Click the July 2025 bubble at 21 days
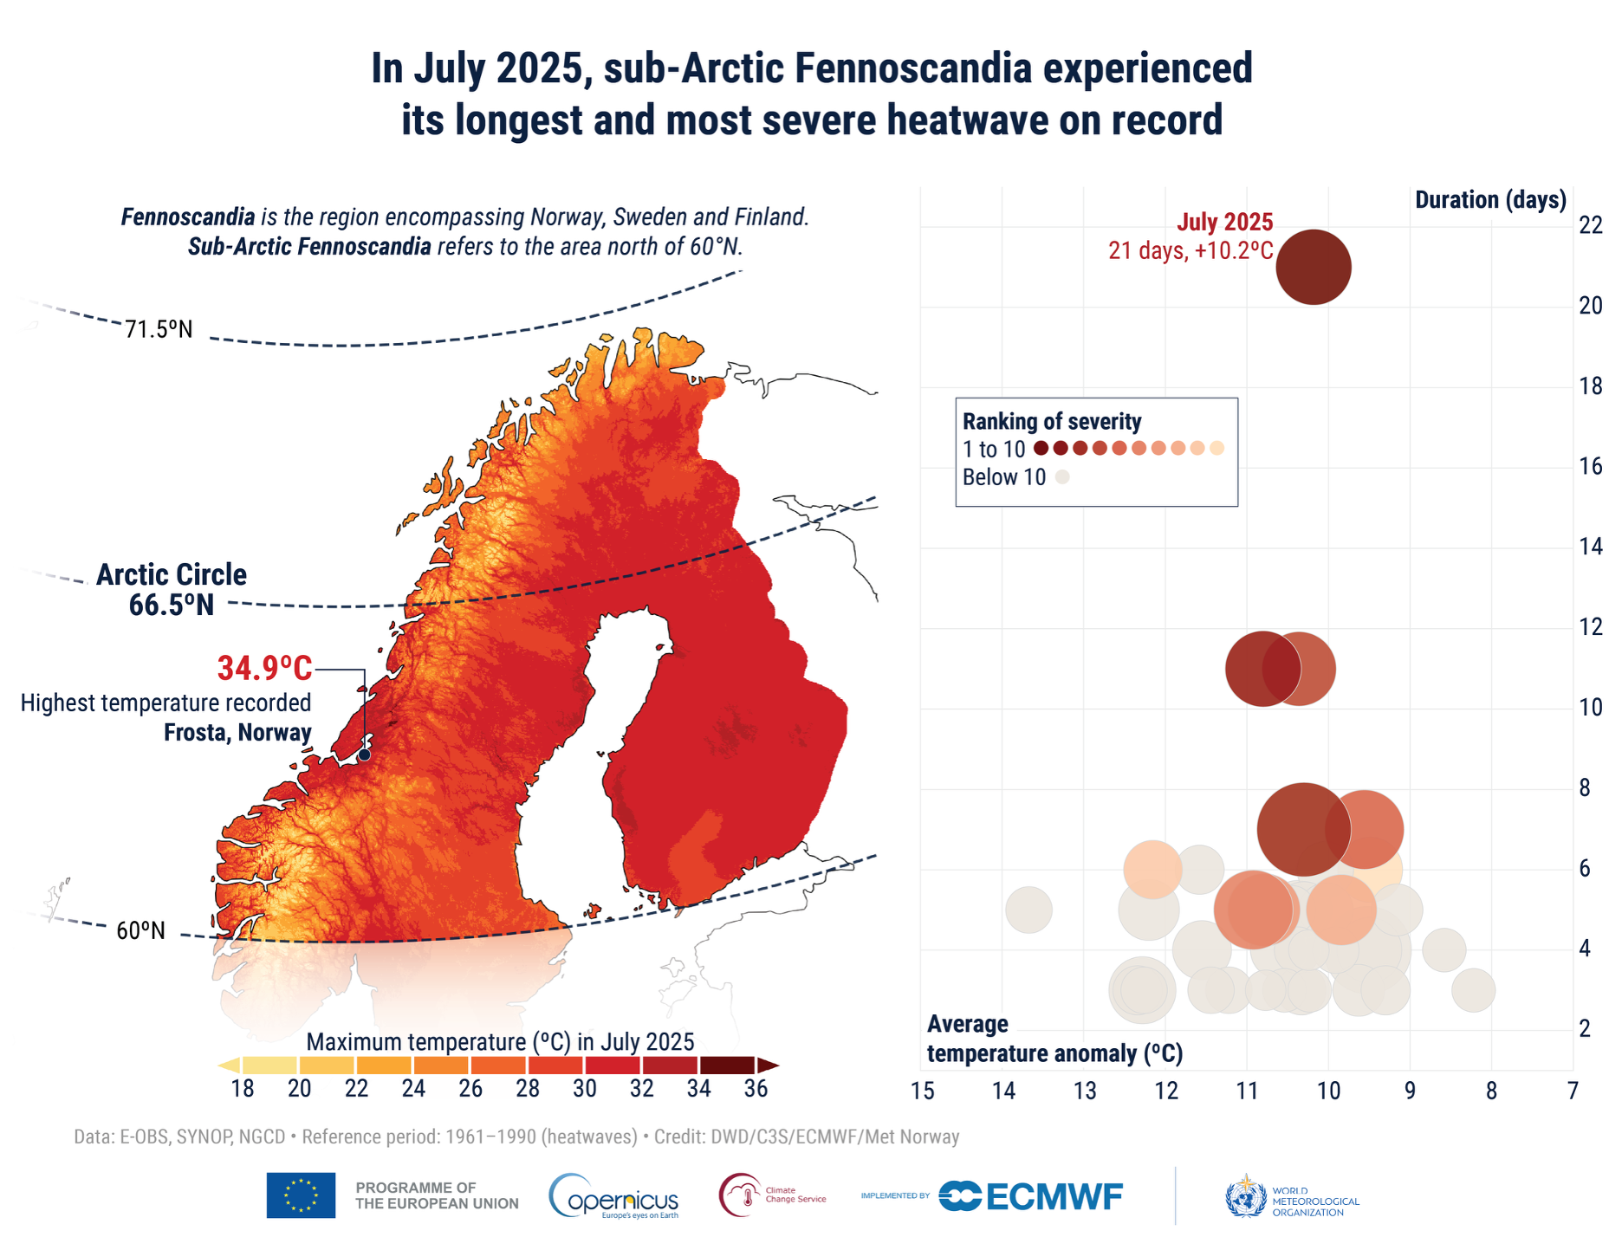pos(1313,267)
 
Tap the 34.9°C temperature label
pos(264,669)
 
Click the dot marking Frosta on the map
pos(364,755)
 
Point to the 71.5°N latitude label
pos(159,329)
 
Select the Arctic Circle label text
pos(172,574)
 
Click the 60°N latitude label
pos(140,930)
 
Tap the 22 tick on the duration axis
pos(1590,225)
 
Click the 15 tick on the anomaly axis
pos(922,1091)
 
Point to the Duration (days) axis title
pos(1490,200)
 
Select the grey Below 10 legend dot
pos(1062,476)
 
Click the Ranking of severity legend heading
pos(1052,422)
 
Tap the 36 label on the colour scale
pos(756,1089)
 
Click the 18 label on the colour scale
pos(243,1089)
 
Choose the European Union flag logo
pos(301,1195)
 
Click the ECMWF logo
pos(1031,1196)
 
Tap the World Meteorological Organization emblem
pos(1245,1197)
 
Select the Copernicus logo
pos(613,1197)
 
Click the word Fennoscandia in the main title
pos(913,68)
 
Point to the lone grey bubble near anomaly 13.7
pos(1028,910)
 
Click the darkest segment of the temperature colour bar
pos(728,1065)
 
